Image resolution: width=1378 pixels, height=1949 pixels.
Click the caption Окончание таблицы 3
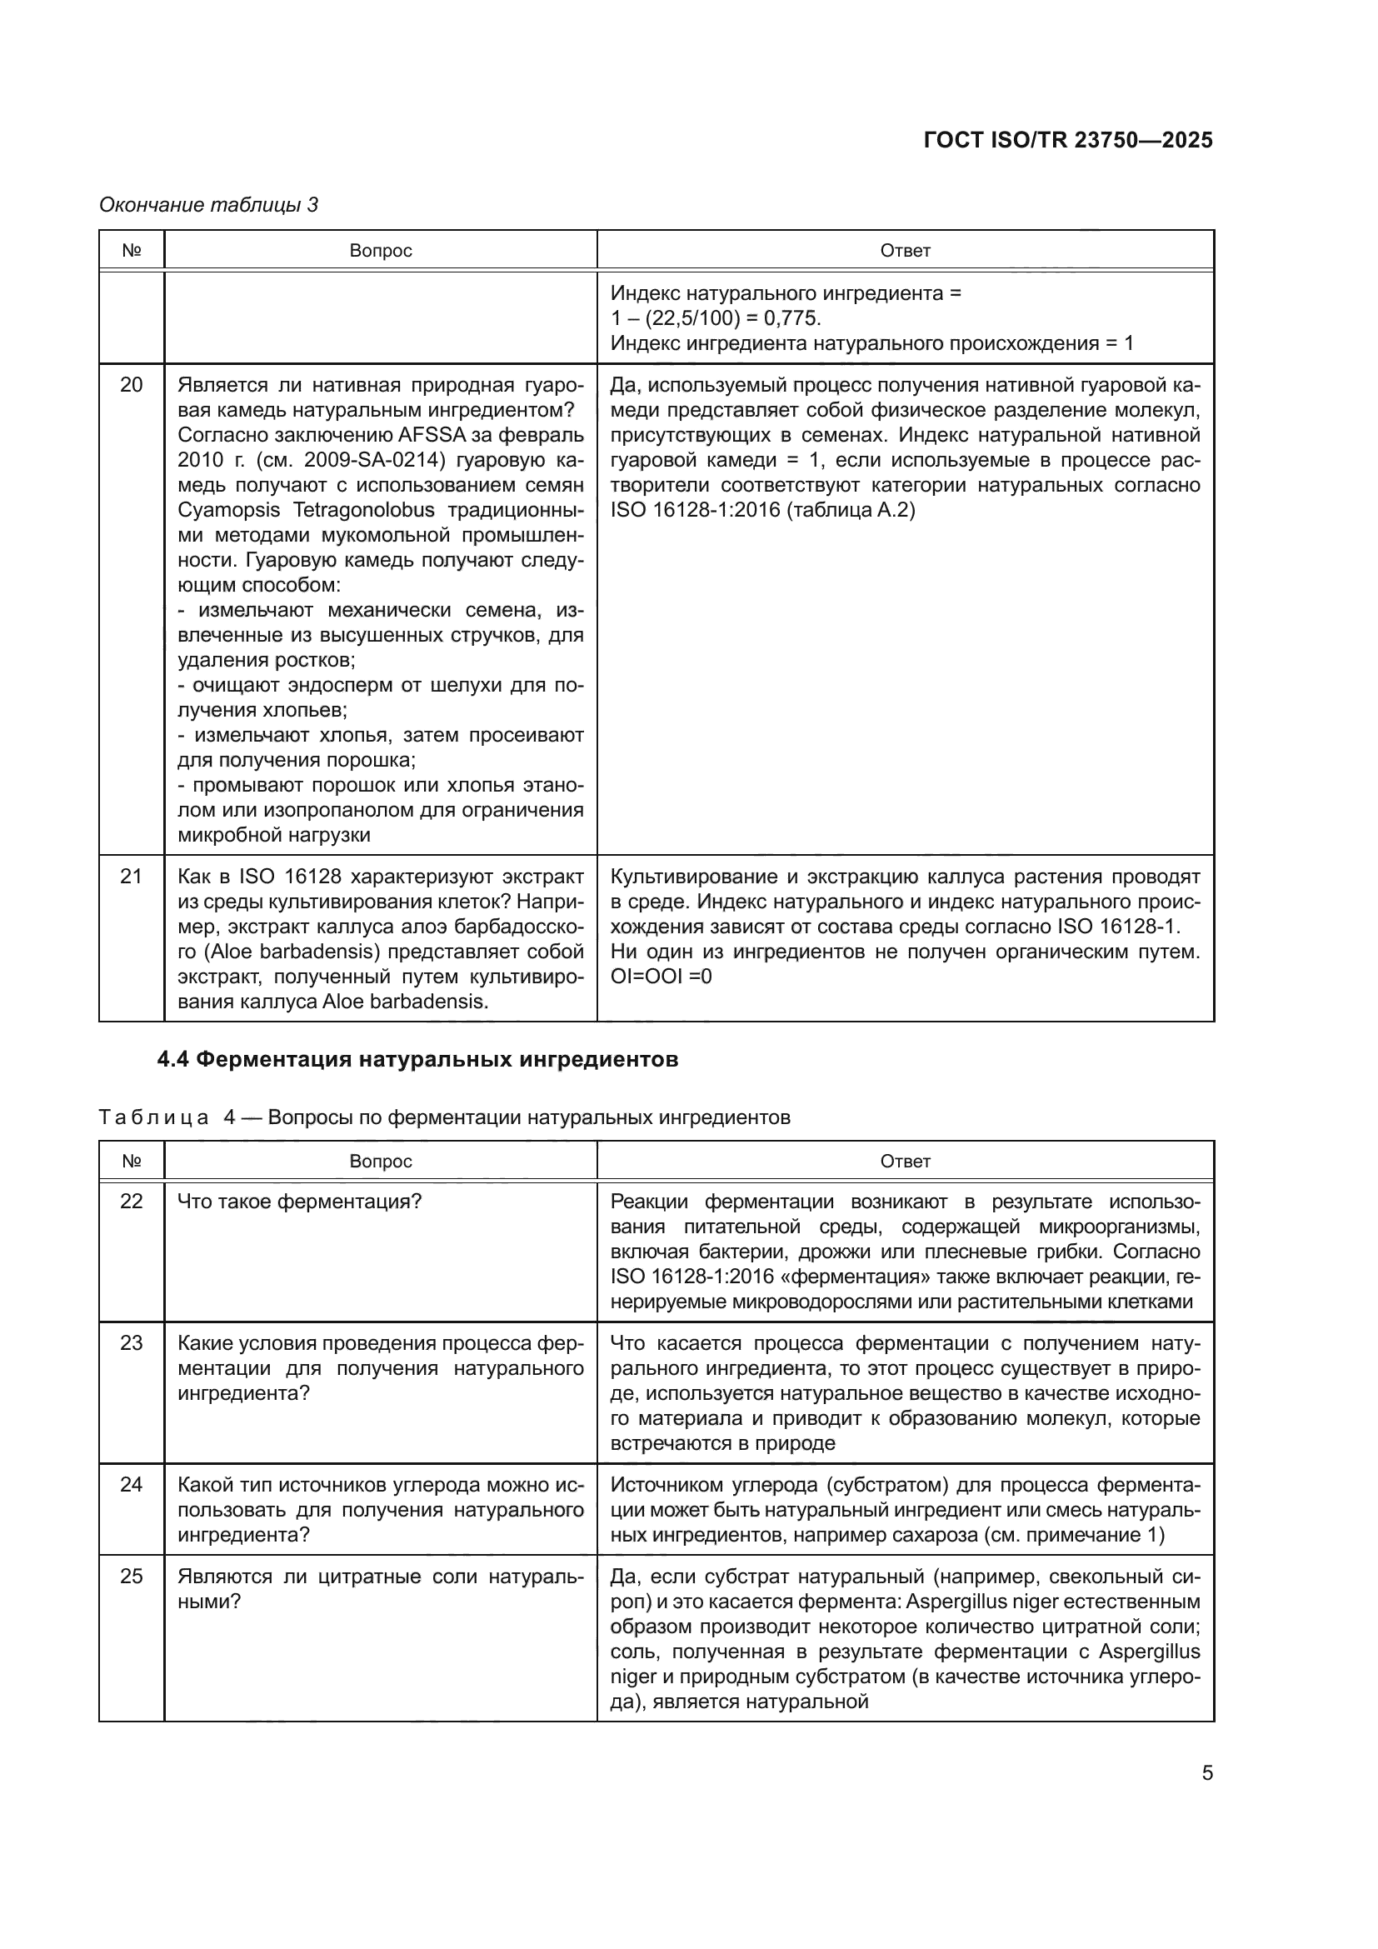point(209,205)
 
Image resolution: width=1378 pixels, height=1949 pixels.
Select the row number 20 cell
point(132,386)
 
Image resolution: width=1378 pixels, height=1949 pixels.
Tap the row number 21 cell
point(132,876)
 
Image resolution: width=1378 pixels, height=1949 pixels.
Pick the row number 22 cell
point(132,1202)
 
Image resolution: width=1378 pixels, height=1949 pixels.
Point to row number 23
point(132,1343)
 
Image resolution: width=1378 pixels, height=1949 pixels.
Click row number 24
point(132,1485)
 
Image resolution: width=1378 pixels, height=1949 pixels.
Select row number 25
point(132,1577)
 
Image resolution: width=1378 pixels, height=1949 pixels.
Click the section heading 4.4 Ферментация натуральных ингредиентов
point(417,1059)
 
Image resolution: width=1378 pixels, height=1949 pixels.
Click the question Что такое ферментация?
point(300,1202)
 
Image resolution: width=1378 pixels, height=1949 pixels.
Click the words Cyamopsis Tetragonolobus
point(307,510)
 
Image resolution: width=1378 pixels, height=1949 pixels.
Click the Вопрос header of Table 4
point(380,1161)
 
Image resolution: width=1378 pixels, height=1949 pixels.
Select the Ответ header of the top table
point(906,251)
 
